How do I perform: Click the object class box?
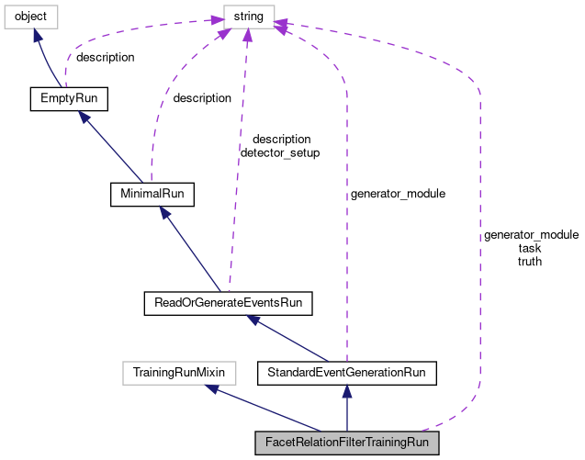(31, 17)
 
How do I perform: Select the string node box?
(249, 17)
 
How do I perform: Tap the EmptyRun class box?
(69, 99)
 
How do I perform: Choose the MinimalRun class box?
(152, 194)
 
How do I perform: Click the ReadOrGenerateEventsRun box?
(229, 303)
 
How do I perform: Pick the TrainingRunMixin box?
(179, 373)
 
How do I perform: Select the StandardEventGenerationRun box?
(347, 373)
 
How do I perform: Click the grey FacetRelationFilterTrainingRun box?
(347, 443)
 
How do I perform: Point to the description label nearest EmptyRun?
(106, 58)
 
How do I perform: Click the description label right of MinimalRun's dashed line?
(202, 98)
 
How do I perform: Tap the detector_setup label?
(280, 153)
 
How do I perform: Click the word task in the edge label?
(530, 248)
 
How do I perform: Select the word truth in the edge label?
(530, 262)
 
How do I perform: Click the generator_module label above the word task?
(531, 235)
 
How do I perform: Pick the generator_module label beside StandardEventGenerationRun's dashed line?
(398, 194)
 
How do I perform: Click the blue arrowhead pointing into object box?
(37, 35)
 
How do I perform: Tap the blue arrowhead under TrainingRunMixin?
(211, 388)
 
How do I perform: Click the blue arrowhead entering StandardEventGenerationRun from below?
(347, 391)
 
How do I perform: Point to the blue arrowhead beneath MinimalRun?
(165, 213)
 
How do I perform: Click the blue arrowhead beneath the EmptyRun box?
(84, 117)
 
